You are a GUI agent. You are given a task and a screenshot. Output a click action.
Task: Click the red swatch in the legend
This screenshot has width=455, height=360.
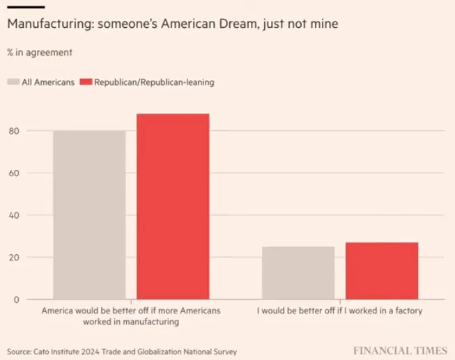coord(86,82)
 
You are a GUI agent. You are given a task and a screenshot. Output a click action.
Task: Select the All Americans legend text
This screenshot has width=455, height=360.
coord(48,82)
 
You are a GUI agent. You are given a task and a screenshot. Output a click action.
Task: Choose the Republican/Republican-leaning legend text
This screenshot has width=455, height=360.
coord(154,82)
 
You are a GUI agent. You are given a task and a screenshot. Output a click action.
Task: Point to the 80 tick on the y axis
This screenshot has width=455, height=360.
coord(13,131)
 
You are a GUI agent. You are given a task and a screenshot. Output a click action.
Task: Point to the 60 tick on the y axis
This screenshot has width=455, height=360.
coord(13,173)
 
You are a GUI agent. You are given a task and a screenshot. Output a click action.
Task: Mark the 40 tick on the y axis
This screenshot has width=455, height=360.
coord(13,215)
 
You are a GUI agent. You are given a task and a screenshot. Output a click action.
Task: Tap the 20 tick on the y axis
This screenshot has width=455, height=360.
coord(13,258)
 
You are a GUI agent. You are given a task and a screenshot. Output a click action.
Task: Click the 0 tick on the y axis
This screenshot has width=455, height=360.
coord(15,299)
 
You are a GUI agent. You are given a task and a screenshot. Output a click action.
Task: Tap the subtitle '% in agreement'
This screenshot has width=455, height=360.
coord(39,52)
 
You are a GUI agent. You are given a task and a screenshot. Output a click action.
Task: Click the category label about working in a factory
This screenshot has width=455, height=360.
coord(339,311)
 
